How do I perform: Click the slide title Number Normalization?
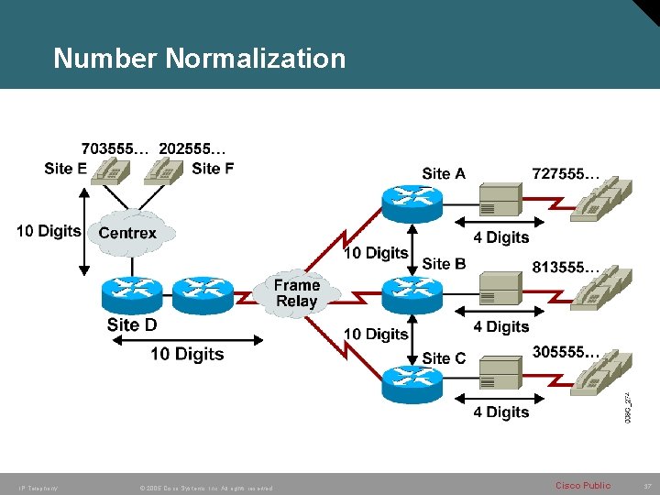tap(200, 59)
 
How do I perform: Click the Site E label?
tap(66, 169)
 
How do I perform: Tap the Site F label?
tap(213, 169)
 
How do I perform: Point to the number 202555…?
tap(192, 148)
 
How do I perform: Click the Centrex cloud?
tap(127, 233)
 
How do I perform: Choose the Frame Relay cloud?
tap(296, 293)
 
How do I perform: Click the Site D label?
tap(132, 324)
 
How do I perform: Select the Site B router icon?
tap(412, 292)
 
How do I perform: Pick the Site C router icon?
tap(412, 380)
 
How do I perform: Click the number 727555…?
tap(566, 172)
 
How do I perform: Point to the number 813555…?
tap(566, 269)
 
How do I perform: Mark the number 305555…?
tap(566, 351)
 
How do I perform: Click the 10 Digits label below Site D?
tap(187, 354)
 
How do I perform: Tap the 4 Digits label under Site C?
tap(501, 412)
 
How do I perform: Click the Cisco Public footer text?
tap(583, 485)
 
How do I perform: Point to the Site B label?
tap(445, 264)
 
